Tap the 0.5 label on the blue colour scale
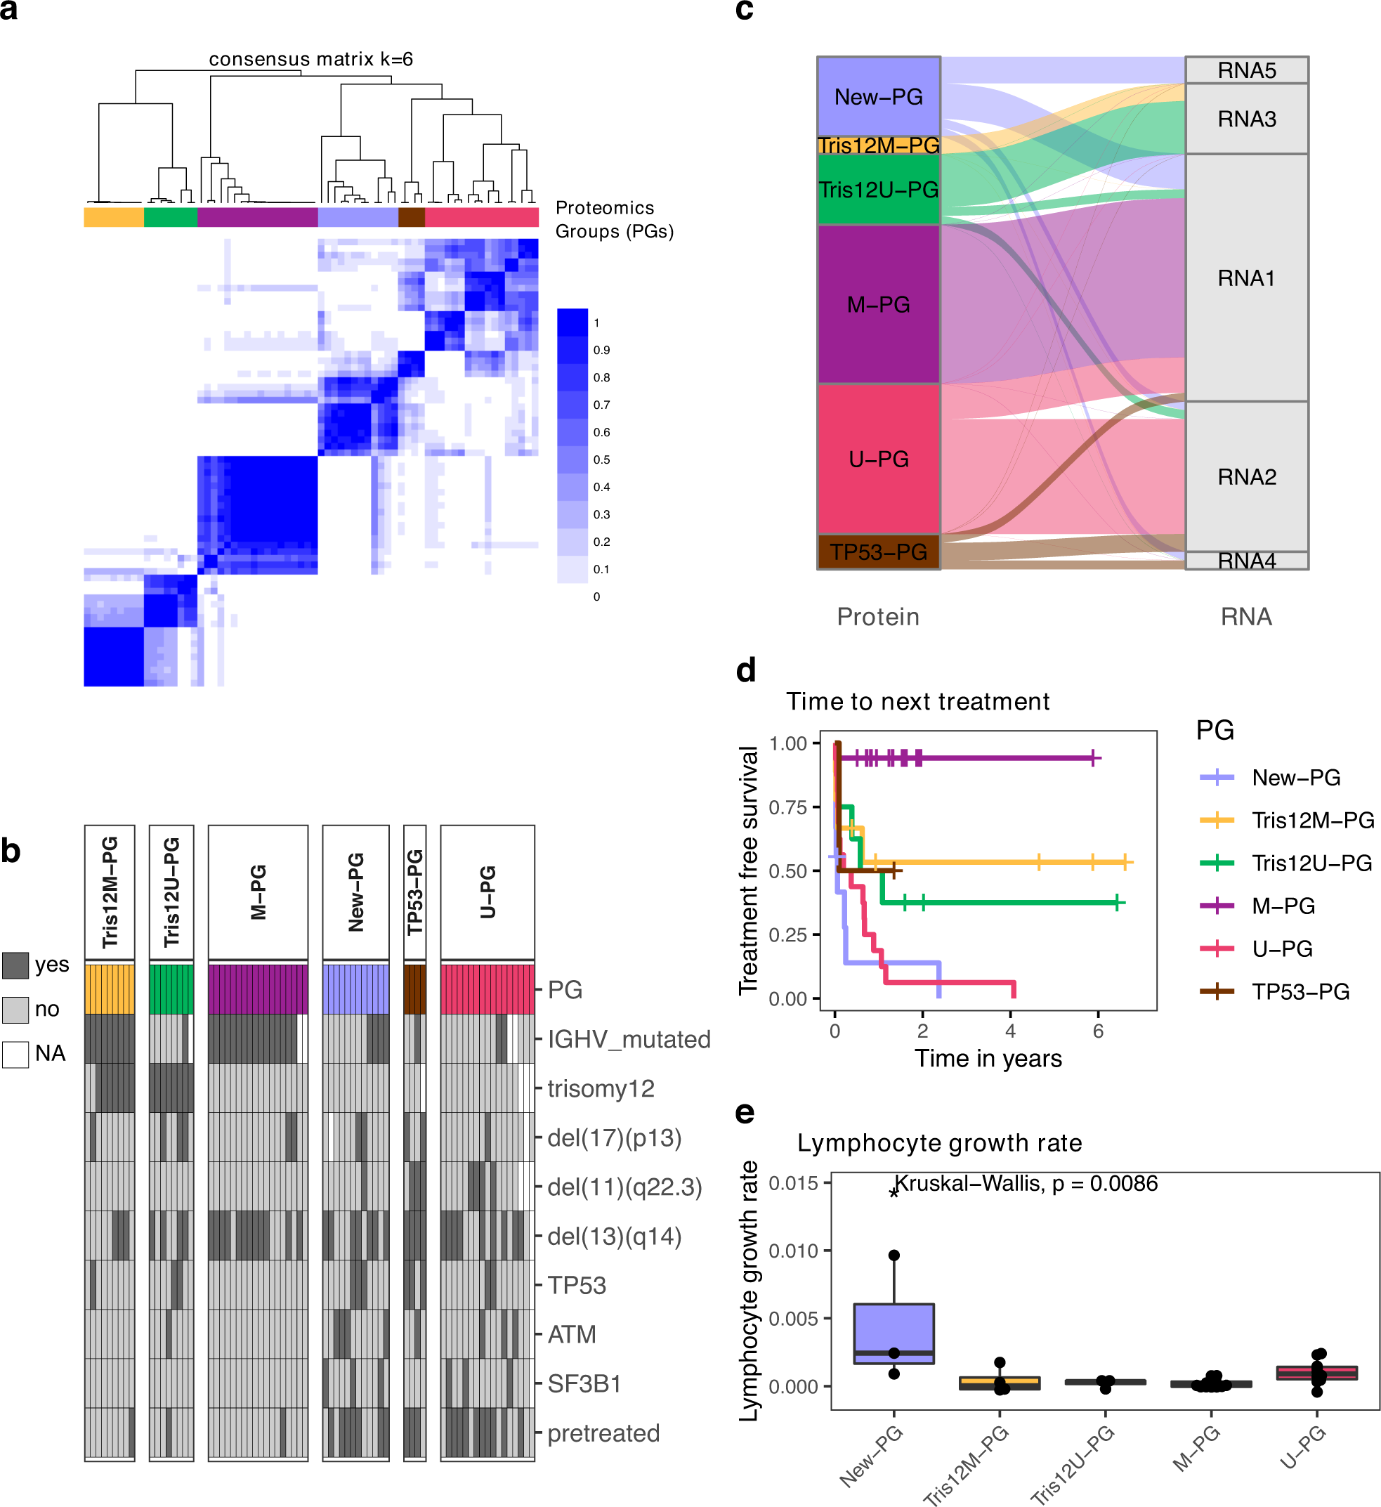click(x=601, y=459)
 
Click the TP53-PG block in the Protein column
click(x=878, y=552)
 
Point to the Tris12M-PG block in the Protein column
click(x=878, y=145)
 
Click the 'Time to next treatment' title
click(x=917, y=701)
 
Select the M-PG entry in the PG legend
click(x=1283, y=906)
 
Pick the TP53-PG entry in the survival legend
click(x=1300, y=992)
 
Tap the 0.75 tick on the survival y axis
click(x=788, y=807)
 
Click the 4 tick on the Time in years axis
click(x=1010, y=1031)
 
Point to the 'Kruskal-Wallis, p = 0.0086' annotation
click(x=1026, y=1183)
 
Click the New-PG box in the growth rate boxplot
click(x=894, y=1334)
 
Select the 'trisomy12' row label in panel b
click(x=601, y=1088)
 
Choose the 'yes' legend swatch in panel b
click(x=15, y=965)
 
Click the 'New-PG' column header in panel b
click(x=355, y=892)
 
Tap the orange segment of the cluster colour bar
click(x=114, y=217)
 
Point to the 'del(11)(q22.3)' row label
click(x=624, y=1187)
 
